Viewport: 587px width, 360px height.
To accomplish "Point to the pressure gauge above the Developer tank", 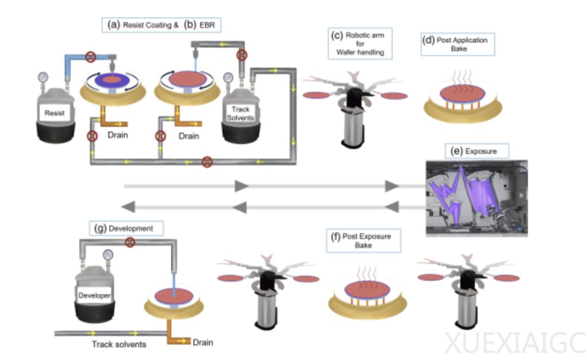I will (107, 254).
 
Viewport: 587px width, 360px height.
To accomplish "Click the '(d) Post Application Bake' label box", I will (458, 44).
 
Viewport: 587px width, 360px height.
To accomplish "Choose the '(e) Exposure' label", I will (471, 151).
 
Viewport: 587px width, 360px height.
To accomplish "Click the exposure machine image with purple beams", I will (477, 197).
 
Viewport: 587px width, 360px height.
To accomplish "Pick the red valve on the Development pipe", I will (130, 242).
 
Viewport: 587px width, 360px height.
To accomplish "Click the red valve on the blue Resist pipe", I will (91, 55).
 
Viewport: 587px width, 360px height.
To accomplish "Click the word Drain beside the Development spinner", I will (202, 342).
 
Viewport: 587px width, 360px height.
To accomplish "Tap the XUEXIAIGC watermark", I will (514, 343).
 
